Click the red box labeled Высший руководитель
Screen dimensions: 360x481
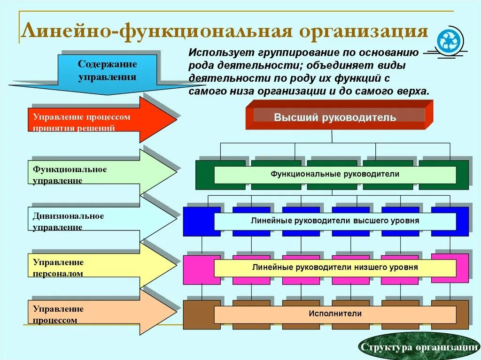tap(335, 117)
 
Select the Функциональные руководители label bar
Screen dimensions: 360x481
tap(335, 174)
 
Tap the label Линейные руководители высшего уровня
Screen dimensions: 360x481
tap(335, 221)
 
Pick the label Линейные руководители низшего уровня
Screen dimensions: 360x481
tap(335, 268)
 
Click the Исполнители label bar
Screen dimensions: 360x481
tap(335, 314)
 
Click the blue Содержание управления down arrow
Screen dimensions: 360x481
tap(108, 73)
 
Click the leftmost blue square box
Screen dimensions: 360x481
tap(201, 221)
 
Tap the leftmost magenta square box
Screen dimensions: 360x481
tap(201, 268)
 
